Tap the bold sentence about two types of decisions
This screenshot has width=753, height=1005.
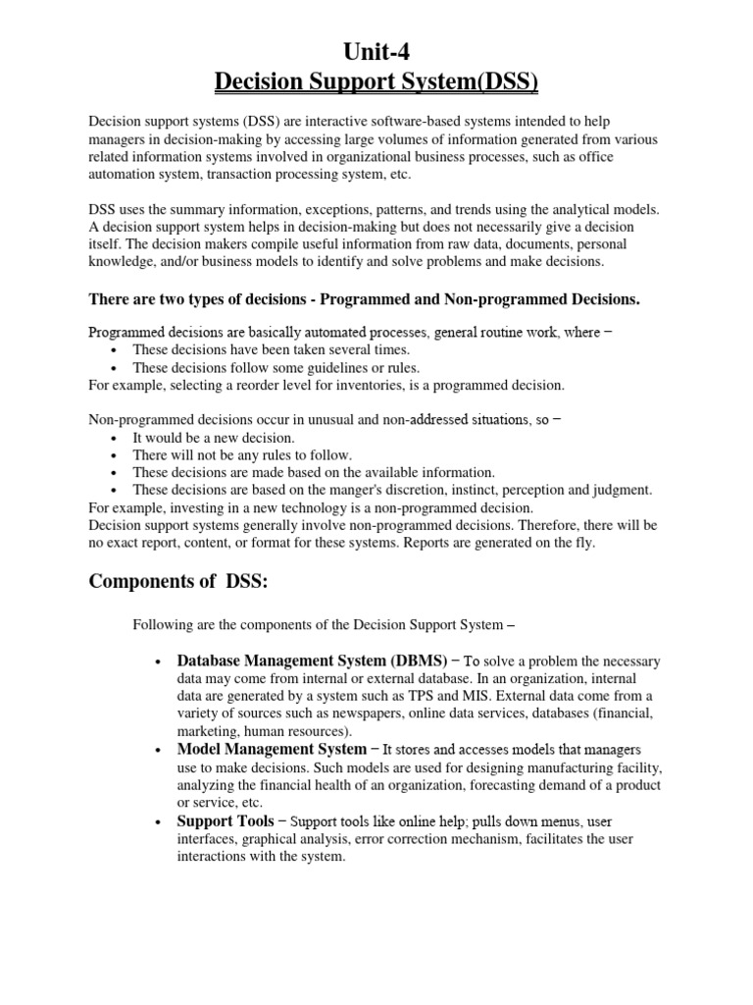pos(365,298)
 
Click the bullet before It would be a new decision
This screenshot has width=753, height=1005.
pos(116,438)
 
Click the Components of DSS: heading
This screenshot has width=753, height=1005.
pos(177,581)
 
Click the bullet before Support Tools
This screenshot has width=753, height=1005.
pos(158,821)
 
